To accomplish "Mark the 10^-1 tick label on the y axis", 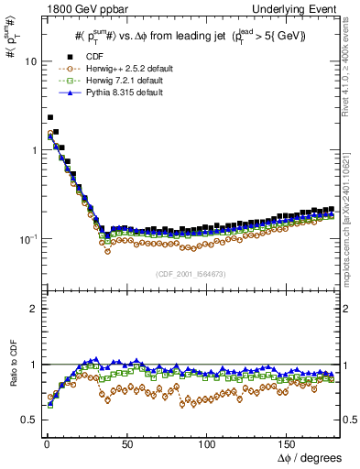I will (x=26, y=238).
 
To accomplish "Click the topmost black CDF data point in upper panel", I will (x=49, y=117).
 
